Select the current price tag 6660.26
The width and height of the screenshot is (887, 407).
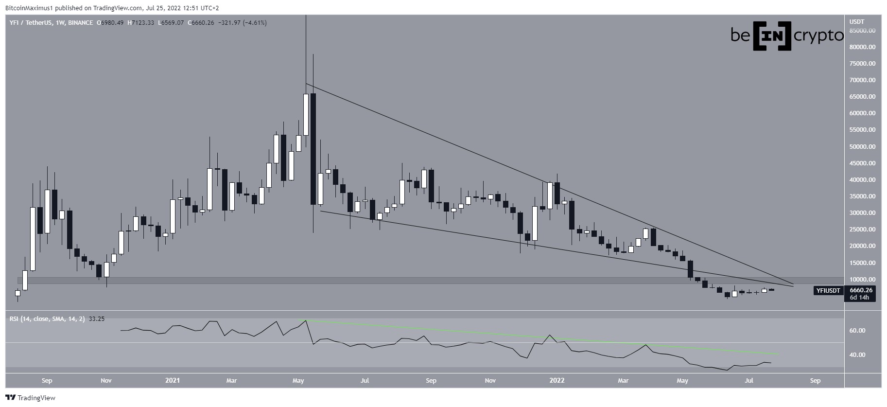point(861,290)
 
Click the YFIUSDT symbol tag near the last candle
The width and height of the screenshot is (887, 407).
point(828,291)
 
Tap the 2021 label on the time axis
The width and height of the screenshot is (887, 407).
point(172,380)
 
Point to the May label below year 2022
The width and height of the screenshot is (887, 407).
point(683,380)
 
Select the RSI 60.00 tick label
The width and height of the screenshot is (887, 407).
point(857,331)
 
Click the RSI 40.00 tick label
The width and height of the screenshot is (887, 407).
point(857,355)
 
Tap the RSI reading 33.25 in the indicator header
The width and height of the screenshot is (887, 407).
point(97,319)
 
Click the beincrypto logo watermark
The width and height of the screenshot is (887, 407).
point(787,36)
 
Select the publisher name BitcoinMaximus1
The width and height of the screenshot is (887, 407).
point(28,8)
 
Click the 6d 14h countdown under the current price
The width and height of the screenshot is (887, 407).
point(859,298)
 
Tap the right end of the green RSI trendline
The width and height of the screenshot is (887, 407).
point(779,354)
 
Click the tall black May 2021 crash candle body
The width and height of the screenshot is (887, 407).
point(313,149)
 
